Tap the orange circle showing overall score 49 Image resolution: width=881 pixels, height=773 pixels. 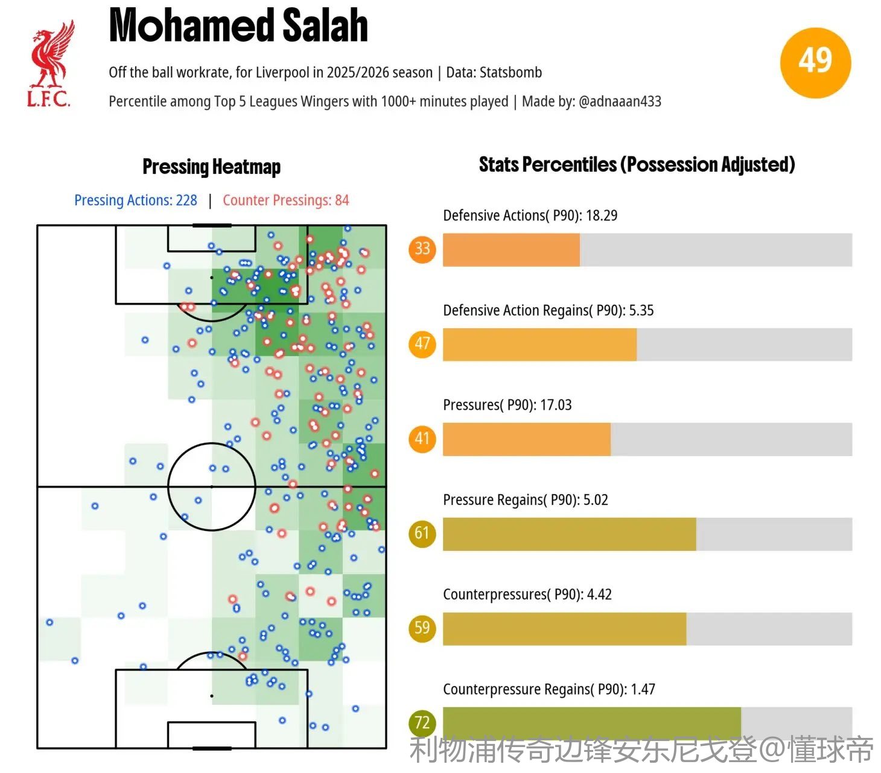(815, 62)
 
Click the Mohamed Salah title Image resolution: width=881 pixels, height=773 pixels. (238, 26)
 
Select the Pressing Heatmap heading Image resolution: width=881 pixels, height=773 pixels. (211, 167)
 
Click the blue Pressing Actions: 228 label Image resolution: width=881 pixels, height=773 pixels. (136, 200)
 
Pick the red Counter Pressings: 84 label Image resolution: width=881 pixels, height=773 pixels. (285, 200)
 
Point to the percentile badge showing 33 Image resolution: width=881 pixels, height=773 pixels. (422, 249)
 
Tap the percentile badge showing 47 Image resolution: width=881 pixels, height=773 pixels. (422, 343)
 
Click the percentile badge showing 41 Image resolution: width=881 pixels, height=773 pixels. (422, 438)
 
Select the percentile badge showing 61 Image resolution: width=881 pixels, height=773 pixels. (422, 533)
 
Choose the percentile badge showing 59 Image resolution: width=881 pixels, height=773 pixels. (422, 628)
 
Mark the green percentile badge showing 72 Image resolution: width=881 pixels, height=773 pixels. (422, 722)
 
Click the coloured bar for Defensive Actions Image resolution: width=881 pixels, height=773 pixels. (511, 250)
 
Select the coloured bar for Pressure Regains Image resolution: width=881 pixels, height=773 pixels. (569, 534)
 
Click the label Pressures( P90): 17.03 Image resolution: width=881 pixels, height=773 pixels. (507, 405)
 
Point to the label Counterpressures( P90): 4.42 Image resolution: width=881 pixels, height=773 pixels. (527, 594)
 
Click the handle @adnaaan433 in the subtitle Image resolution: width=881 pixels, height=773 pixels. (620, 101)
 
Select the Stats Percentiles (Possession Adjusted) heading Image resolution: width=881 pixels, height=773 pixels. (637, 164)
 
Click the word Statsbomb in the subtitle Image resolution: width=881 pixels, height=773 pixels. (510, 72)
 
